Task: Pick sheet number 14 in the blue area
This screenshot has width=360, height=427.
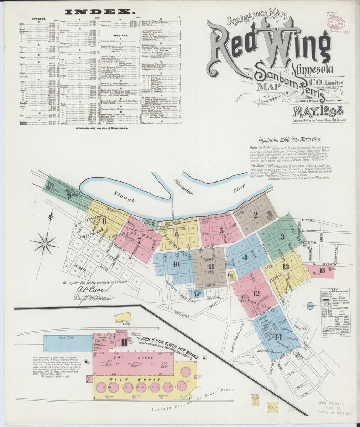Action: [278, 337]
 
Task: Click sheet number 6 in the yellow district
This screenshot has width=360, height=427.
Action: [176, 234]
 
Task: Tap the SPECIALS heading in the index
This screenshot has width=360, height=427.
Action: [120, 36]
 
